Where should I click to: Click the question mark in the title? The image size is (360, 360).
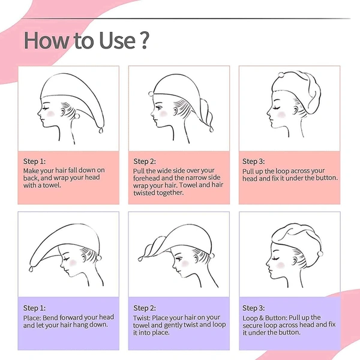pos(145,40)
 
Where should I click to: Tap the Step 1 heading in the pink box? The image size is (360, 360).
pos(34,161)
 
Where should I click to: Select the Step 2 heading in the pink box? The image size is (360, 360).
pos(145,161)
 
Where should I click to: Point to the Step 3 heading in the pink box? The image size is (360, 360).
pos(253,161)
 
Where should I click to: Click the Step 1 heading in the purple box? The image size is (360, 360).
pos(34,308)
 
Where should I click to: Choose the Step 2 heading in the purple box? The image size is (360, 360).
pos(145,308)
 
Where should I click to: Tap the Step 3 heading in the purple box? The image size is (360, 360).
pos(253,308)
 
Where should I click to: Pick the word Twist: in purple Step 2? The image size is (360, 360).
pos(142,318)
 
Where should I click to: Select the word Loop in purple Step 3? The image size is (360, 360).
pos(250,319)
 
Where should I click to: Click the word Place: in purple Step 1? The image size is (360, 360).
pos(32,318)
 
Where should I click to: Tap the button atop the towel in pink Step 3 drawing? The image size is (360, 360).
pos(281,75)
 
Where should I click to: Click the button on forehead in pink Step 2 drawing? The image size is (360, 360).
pos(151,94)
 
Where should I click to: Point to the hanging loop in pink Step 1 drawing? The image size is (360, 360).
pos(101,130)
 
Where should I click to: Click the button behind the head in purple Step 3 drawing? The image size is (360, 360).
pos(320,253)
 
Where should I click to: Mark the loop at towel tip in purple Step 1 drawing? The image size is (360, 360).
pos(31,268)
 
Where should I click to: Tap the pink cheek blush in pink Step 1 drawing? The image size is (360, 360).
pos(50,113)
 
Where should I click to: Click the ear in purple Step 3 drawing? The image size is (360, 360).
pos(295,260)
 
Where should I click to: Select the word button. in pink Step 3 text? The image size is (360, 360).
pos(327,178)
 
